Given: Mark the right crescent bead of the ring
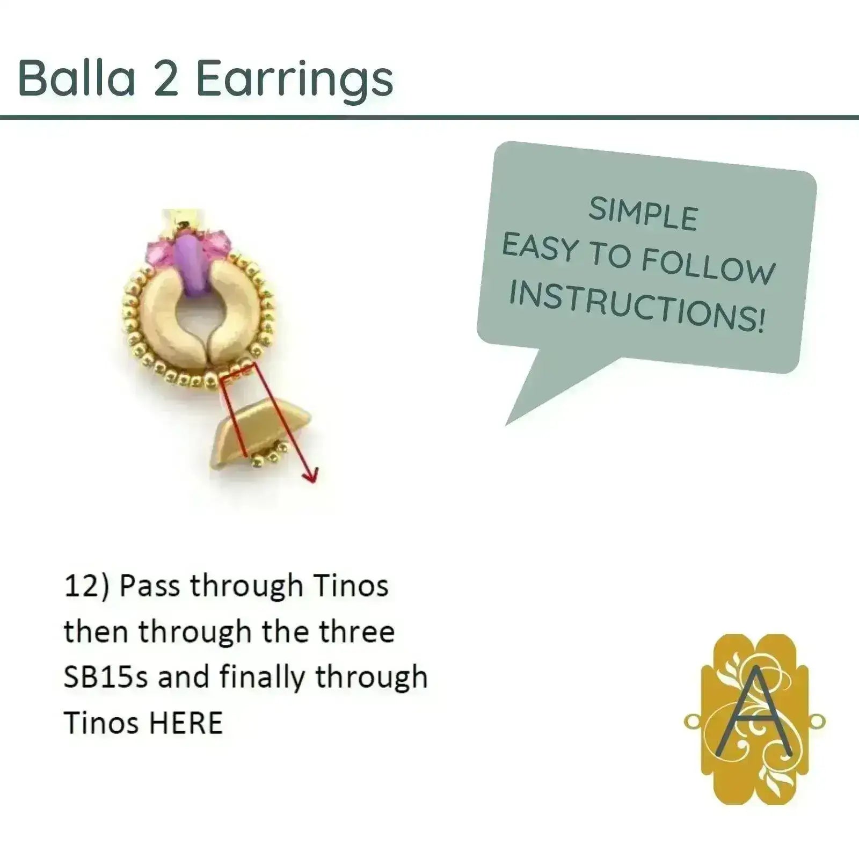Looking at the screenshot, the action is [x=234, y=311].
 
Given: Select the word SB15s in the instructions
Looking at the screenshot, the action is [x=105, y=678].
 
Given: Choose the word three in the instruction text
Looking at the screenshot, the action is [x=356, y=632].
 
